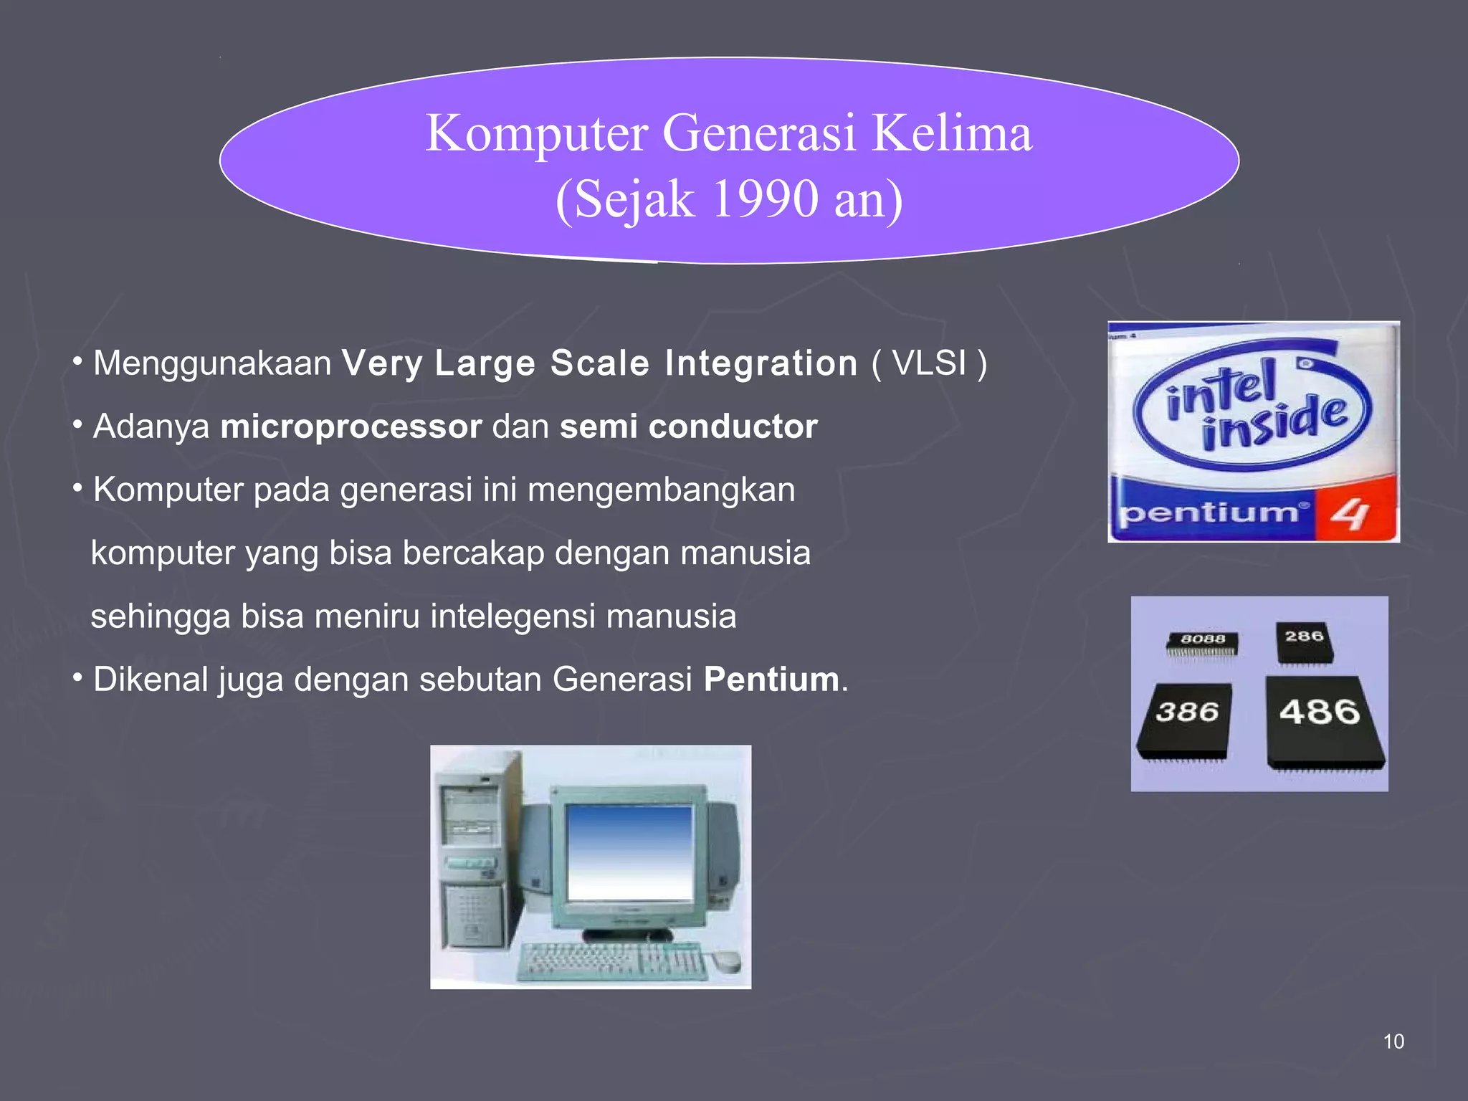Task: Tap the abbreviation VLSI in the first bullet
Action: pyautogui.click(x=929, y=363)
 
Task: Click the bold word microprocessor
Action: pyautogui.click(x=351, y=426)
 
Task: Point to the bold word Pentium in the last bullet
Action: pyautogui.click(x=771, y=680)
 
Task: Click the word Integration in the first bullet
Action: pyautogui.click(x=761, y=363)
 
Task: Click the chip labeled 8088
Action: pyautogui.click(x=1203, y=643)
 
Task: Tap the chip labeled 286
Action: pyautogui.click(x=1304, y=642)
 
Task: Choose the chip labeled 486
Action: pyautogui.click(x=1322, y=720)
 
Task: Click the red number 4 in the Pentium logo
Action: pyautogui.click(x=1351, y=513)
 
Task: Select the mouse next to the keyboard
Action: pyautogui.click(x=725, y=959)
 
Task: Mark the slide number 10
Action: pyautogui.click(x=1393, y=1042)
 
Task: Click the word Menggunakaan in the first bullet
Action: pyautogui.click(x=212, y=363)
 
